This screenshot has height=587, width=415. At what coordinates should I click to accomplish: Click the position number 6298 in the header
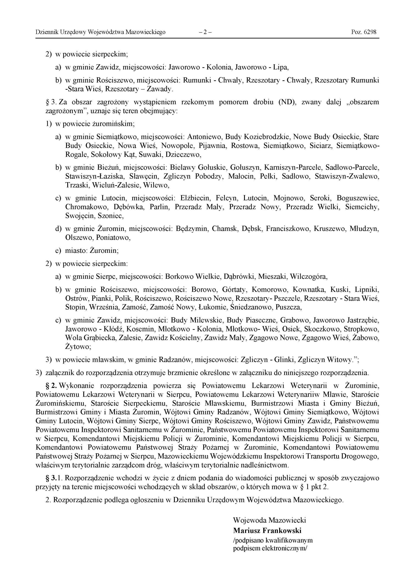(x=370, y=32)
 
